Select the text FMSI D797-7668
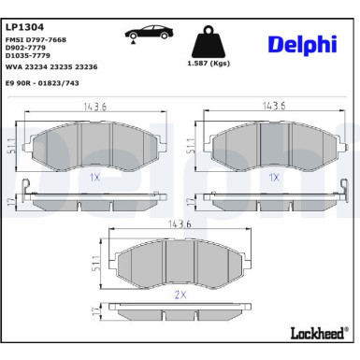click(x=36, y=40)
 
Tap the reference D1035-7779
click(x=28, y=55)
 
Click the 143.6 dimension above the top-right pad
click(x=272, y=107)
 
